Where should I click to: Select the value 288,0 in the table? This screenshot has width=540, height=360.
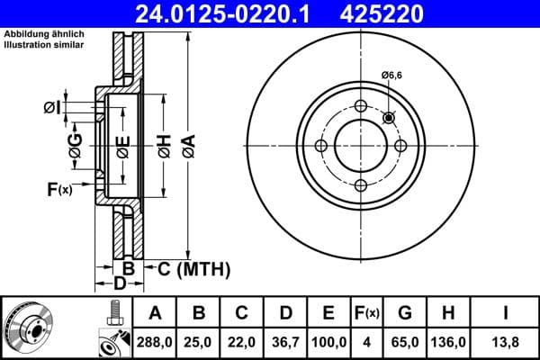156,341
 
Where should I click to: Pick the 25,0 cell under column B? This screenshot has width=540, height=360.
199,341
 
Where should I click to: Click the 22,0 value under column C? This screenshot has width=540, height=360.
242,341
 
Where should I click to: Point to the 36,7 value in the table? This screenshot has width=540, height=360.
285,341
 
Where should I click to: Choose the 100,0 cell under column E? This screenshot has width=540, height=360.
328,341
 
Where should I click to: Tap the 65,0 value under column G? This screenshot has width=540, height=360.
405,341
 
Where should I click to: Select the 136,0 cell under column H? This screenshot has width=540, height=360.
448,341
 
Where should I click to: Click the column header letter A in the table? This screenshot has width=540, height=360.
156,313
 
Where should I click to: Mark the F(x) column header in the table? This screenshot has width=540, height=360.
367,313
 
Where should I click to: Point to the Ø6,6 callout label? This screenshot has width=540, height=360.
391,76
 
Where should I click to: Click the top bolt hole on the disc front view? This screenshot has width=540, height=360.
361,107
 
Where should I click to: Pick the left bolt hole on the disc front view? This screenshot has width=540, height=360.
321,147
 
